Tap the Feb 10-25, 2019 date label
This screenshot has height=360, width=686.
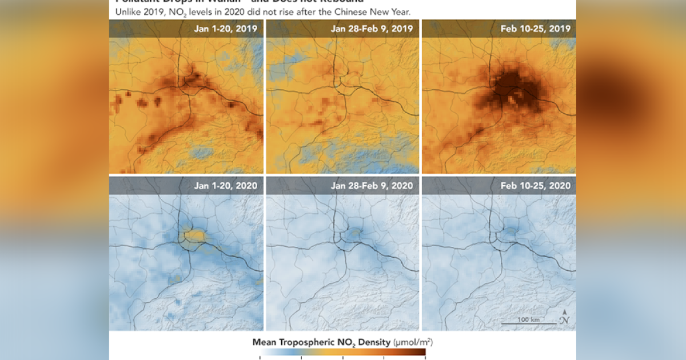click(535, 29)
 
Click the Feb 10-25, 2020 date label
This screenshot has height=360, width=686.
click(535, 185)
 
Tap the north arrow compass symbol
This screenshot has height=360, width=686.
click(564, 316)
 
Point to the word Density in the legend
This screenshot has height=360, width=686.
click(372, 342)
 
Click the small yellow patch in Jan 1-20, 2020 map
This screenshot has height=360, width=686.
click(194, 234)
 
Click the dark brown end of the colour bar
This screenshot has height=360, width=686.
click(420, 355)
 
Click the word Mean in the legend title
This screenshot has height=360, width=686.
click(265, 342)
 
